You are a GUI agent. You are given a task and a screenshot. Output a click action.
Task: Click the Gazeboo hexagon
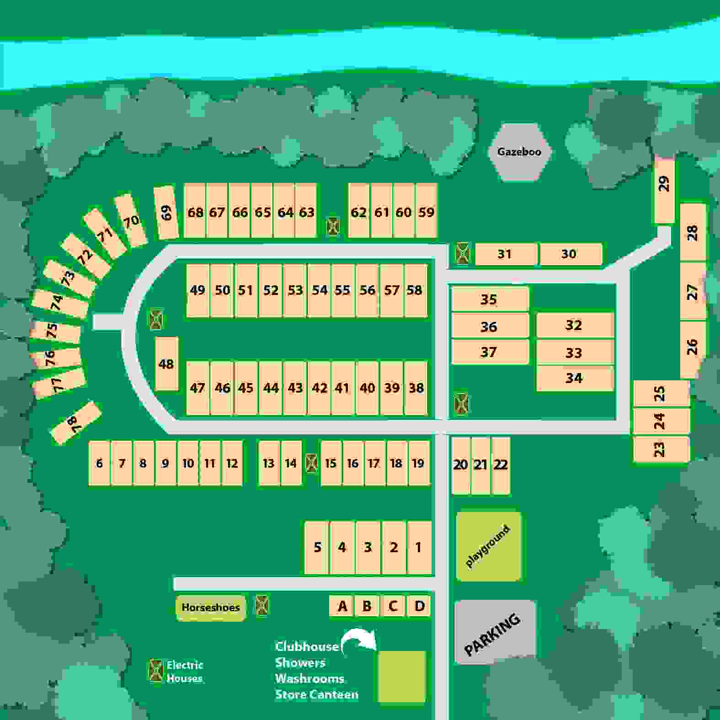point(519,152)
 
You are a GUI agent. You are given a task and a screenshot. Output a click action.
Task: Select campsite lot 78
point(75,423)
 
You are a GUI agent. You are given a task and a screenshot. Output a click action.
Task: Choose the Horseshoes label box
point(211,608)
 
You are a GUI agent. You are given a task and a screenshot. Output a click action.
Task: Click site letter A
point(342,606)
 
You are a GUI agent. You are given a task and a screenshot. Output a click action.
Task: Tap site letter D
point(419,606)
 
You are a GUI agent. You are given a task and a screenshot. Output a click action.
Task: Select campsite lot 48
point(166,364)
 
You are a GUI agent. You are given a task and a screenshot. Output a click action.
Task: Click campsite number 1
point(419,547)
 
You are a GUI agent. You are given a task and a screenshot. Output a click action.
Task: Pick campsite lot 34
point(574,378)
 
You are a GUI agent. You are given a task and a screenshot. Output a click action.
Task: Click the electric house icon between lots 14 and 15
point(312,463)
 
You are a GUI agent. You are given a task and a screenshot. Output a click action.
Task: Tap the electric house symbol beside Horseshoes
point(262,606)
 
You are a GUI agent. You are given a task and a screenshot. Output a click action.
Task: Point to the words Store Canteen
point(316,694)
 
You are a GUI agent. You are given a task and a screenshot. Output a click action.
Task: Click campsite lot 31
point(505,254)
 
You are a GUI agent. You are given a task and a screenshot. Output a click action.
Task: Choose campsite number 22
point(501,465)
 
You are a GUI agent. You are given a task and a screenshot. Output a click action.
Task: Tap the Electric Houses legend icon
point(156,671)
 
